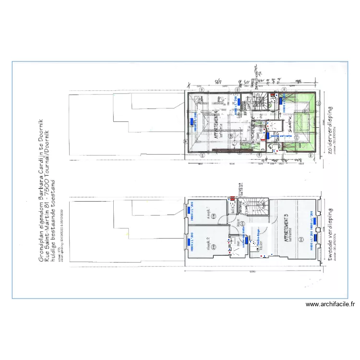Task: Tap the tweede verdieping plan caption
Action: point(330,235)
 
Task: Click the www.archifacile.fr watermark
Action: point(331,304)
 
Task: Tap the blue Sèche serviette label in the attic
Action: point(281,136)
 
